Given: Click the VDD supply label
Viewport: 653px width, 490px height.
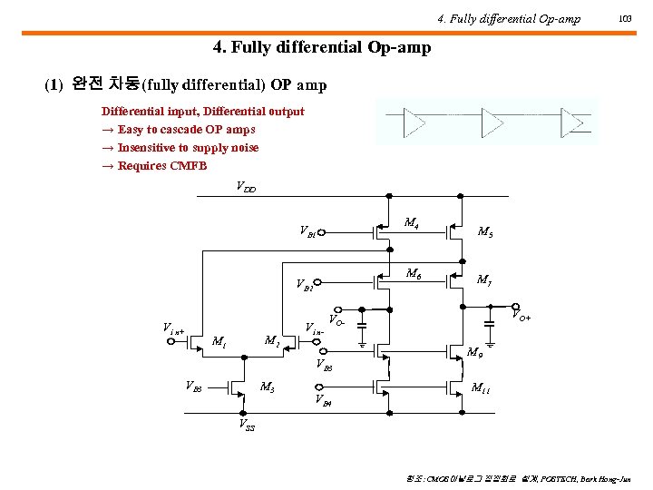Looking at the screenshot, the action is click(246, 188).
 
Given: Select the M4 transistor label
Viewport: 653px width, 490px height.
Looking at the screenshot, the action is click(411, 221).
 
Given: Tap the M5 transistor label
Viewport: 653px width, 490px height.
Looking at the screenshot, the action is click(485, 231).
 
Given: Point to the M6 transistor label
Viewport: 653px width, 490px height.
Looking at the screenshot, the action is click(413, 273).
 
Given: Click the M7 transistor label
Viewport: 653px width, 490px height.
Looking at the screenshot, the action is click(485, 280).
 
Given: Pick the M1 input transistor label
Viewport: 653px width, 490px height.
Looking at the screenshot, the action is click(218, 341).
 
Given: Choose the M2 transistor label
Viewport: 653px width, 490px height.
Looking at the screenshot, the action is click(270, 341).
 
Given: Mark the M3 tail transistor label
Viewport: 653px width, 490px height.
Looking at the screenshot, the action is click(268, 387).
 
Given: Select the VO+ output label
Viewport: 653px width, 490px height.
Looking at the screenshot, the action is click(521, 317).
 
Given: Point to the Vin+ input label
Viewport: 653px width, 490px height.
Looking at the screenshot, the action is click(173, 329).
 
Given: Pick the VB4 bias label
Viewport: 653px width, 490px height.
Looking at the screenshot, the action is click(324, 399).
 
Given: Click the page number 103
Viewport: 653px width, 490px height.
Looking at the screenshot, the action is click(625, 18).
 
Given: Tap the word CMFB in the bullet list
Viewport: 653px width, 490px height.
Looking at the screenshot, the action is click(189, 166).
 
